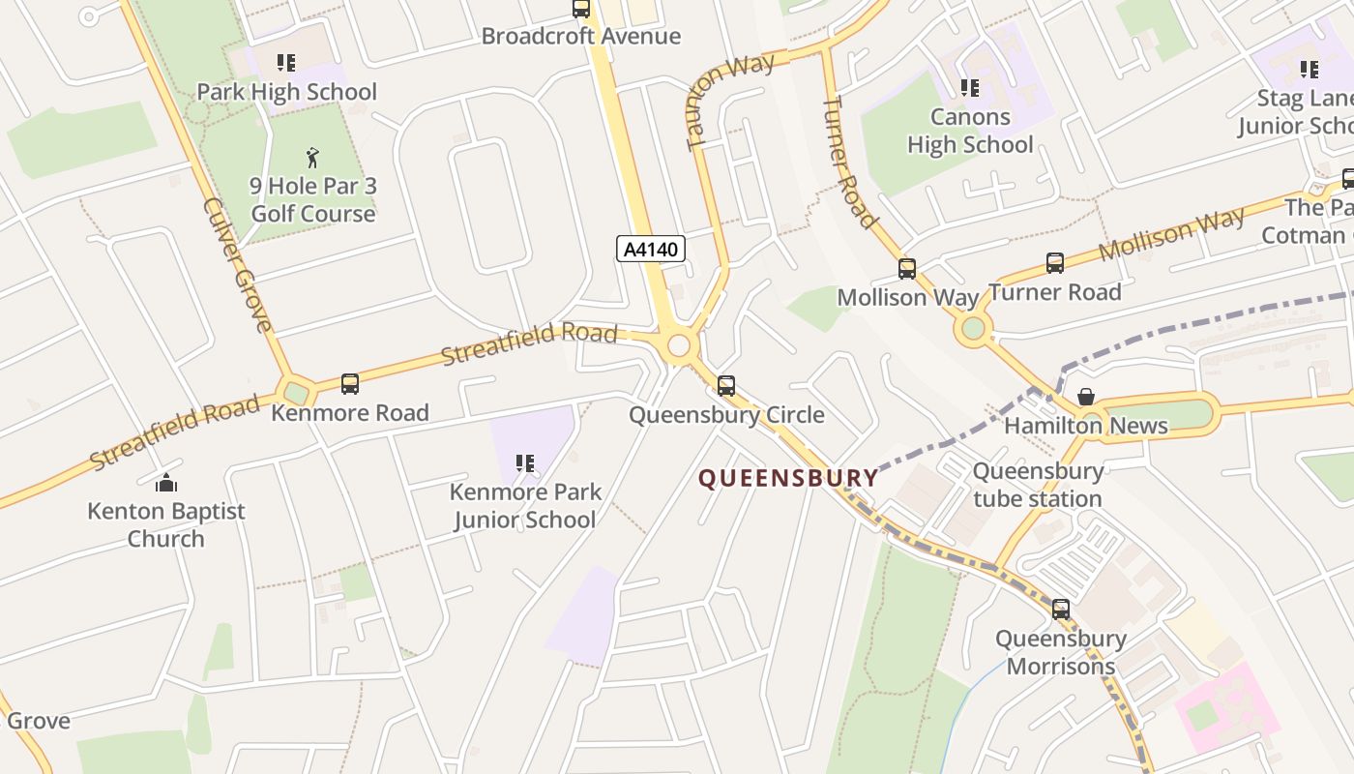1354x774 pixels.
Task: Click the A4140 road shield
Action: (x=651, y=249)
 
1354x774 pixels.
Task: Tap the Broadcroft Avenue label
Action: (x=580, y=37)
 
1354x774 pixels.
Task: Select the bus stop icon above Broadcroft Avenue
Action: (x=581, y=9)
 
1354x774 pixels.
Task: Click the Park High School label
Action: (x=286, y=92)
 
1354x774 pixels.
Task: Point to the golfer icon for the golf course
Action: (x=312, y=158)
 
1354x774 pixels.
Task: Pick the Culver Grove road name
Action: (x=238, y=264)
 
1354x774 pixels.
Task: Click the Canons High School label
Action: (x=970, y=131)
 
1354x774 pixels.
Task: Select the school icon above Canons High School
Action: (x=970, y=88)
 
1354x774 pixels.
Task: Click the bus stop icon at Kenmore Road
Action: (x=350, y=384)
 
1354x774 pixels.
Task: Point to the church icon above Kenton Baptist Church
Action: (x=166, y=482)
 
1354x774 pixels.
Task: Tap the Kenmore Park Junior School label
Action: (x=525, y=505)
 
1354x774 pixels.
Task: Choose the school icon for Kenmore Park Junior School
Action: (x=525, y=463)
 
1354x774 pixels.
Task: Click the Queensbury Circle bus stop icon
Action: (x=726, y=386)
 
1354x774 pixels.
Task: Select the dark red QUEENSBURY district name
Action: (x=788, y=478)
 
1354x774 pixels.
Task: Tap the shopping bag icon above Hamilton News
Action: (x=1086, y=397)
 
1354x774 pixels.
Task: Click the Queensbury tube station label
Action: (x=1038, y=485)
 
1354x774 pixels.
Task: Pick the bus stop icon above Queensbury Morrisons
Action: (x=1061, y=610)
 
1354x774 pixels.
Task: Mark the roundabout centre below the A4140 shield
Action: (x=679, y=345)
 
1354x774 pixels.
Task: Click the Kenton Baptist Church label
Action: (x=166, y=524)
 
